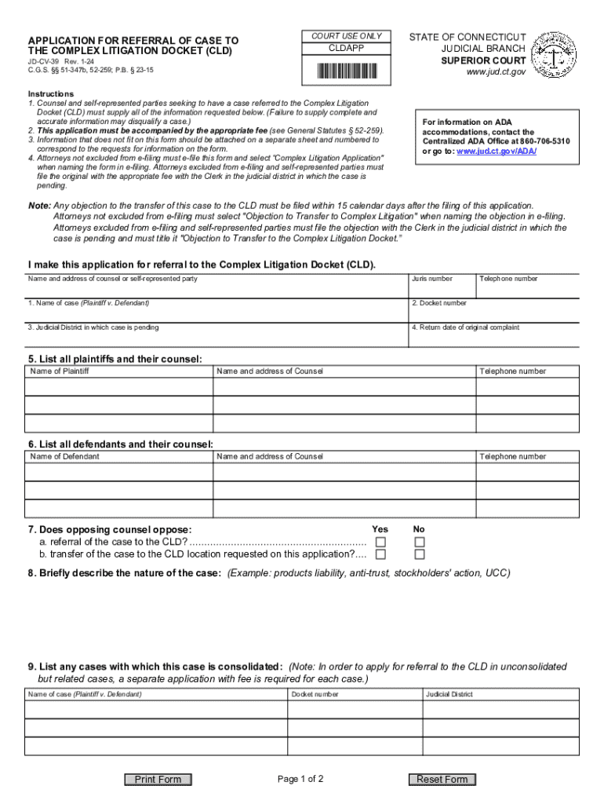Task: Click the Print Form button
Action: tap(158, 780)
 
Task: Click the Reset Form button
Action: tap(442, 780)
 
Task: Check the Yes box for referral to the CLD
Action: tap(380, 543)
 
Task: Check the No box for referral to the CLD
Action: tap(420, 543)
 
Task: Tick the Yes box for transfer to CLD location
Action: tap(380, 555)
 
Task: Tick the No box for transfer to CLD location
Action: tap(420, 555)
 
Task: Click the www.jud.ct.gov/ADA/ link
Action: tap(497, 151)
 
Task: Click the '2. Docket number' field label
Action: tap(439, 303)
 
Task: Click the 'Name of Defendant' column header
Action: tap(64, 456)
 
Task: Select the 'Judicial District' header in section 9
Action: tap(449, 694)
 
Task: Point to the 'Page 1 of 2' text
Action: tap(300, 780)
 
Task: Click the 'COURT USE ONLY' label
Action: tap(346, 36)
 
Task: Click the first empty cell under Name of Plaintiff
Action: tap(118, 387)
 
